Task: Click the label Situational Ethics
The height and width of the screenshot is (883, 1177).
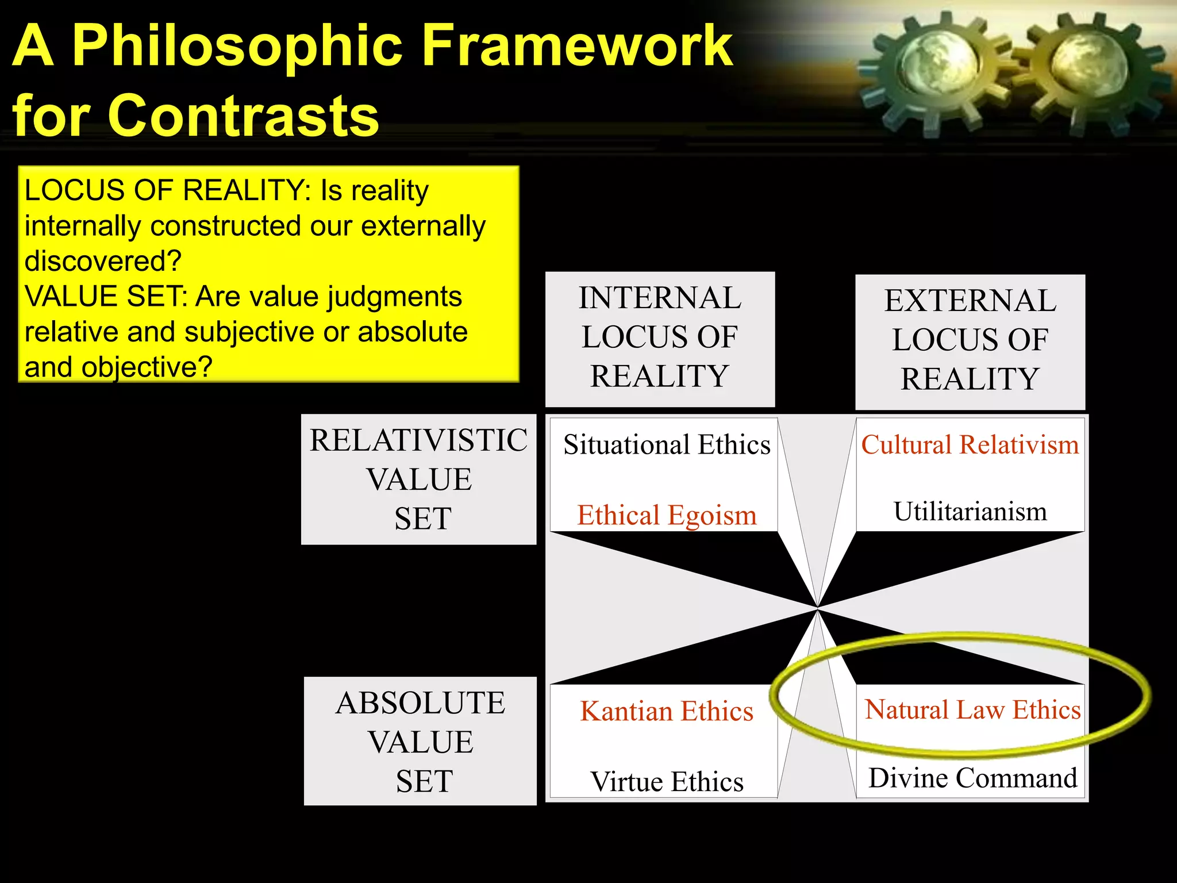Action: pos(667,444)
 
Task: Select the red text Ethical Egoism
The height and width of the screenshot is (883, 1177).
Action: pos(667,515)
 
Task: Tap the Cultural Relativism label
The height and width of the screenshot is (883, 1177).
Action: pos(970,444)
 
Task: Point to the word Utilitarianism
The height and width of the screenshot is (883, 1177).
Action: pos(970,511)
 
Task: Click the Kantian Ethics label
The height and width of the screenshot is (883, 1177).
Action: pos(667,711)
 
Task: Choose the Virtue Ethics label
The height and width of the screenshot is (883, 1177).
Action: pos(667,781)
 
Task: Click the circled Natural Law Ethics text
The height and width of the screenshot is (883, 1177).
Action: pos(972,709)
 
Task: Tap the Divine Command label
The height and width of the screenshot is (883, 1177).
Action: pos(972,778)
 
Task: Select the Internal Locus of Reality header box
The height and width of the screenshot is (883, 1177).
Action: pos(660,339)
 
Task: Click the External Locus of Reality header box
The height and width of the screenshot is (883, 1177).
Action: pos(970,341)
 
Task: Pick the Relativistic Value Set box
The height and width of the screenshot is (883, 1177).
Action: pos(418,479)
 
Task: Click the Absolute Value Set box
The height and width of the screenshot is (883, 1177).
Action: pos(420,741)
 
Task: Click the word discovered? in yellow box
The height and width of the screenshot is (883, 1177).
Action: pos(103,261)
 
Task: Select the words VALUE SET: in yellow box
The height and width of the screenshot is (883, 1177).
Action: pos(106,297)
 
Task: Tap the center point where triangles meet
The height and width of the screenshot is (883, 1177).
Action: pos(817,608)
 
